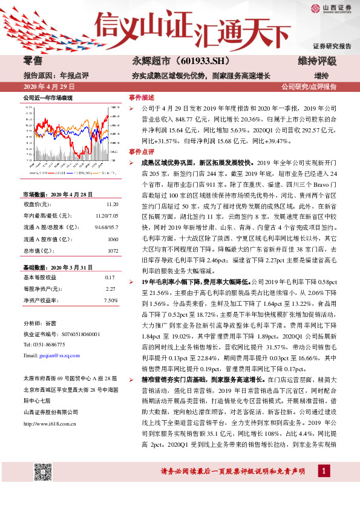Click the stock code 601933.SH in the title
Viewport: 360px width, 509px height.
point(186,62)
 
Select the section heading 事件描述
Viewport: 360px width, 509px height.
point(142,97)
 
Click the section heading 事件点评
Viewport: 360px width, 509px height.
point(142,152)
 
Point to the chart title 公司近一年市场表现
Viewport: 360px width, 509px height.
point(48,98)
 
